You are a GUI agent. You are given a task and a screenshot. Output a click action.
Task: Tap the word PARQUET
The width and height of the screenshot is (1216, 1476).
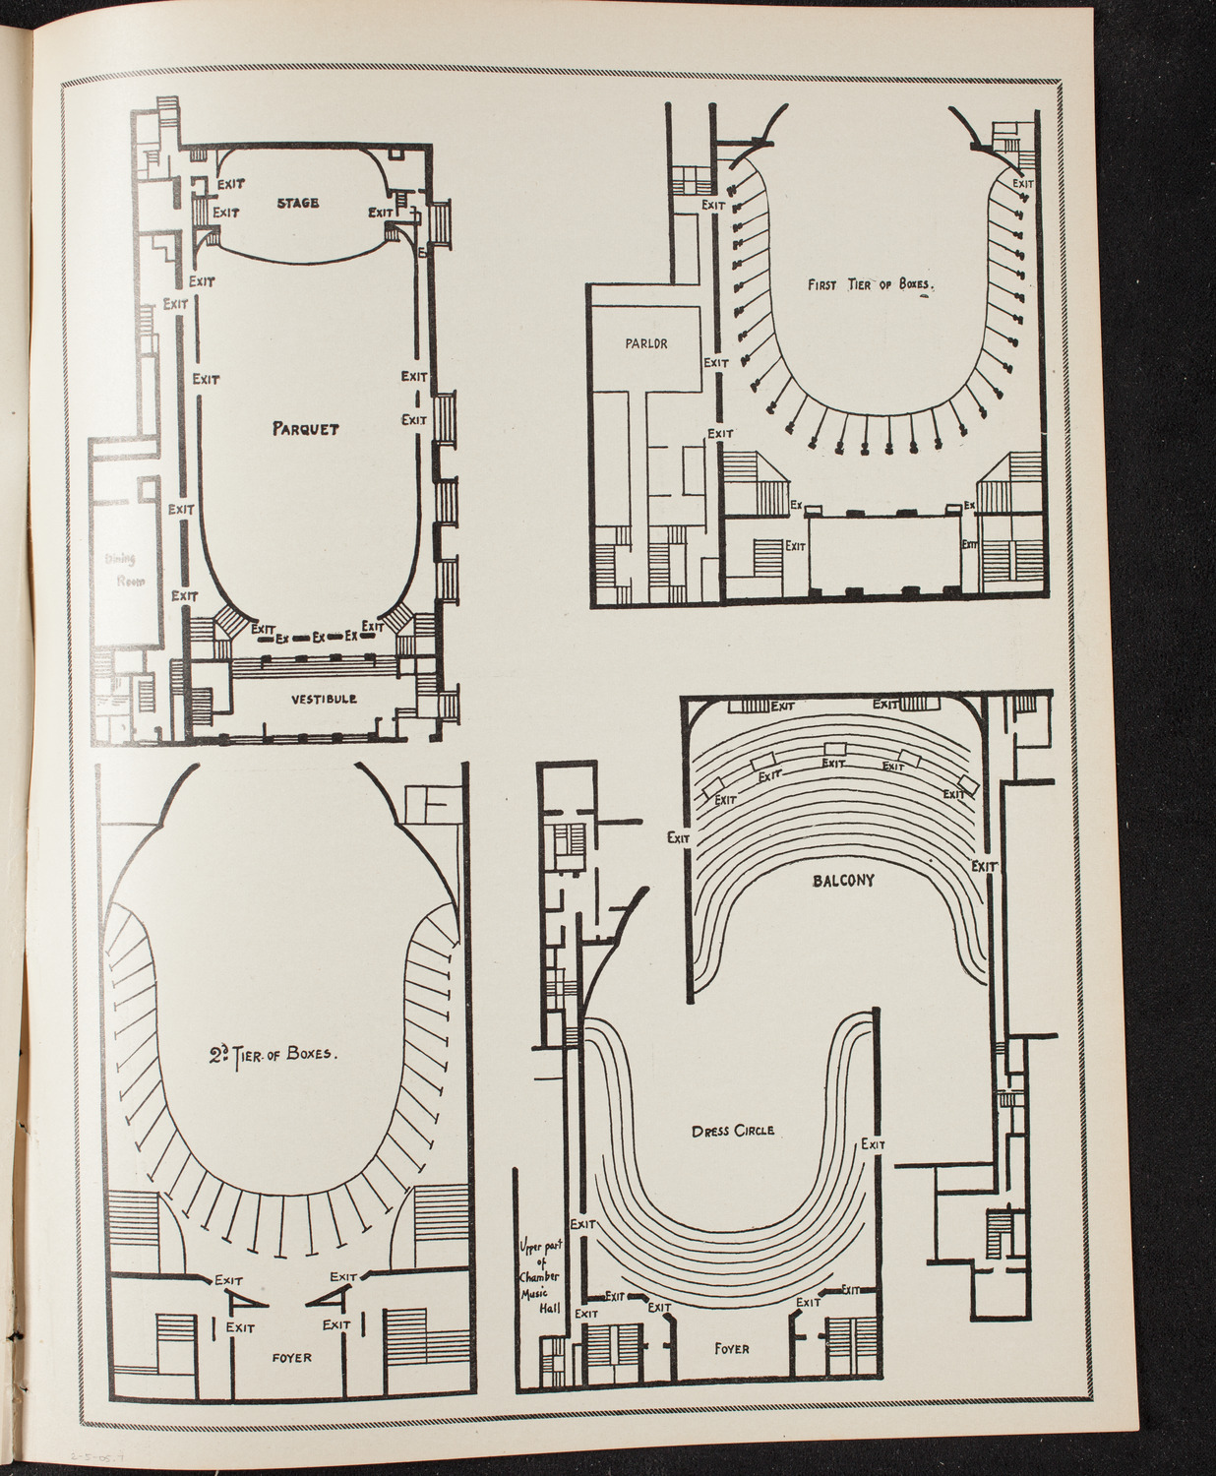point(306,429)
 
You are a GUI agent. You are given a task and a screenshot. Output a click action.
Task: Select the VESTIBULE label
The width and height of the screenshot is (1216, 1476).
point(324,700)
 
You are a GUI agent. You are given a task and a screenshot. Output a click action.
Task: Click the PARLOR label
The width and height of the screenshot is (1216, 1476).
point(644,343)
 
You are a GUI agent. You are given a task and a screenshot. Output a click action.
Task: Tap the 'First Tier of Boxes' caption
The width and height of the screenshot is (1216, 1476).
point(869,285)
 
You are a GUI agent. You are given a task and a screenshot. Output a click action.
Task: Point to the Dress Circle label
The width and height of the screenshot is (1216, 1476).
point(733,1131)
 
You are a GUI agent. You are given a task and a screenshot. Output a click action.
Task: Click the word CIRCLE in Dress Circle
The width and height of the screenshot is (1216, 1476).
point(754,1131)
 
